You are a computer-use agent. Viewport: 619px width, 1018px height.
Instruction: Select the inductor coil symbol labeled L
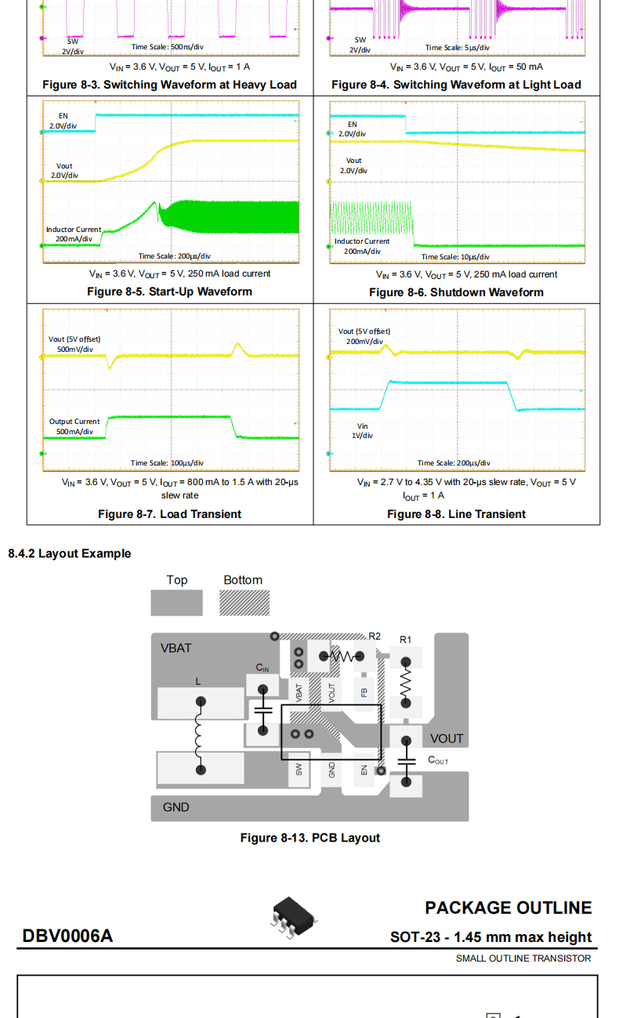[x=200, y=736]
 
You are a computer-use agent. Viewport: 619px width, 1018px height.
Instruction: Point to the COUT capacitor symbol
[x=406, y=760]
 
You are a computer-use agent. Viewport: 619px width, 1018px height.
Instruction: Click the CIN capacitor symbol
[x=262, y=708]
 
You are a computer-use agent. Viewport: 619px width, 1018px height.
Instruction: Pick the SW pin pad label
[x=299, y=770]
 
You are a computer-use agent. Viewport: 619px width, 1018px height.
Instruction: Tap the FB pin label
[x=364, y=692]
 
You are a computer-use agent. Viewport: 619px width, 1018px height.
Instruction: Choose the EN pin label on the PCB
[x=364, y=770]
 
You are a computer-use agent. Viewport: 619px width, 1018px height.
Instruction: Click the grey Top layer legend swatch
[x=176, y=602]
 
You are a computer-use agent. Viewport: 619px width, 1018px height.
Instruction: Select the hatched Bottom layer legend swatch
[x=244, y=602]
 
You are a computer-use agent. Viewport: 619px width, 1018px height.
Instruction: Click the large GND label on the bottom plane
[x=176, y=807]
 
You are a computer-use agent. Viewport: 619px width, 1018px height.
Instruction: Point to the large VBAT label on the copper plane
[x=176, y=648]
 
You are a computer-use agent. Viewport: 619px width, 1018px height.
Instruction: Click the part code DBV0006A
[x=67, y=936]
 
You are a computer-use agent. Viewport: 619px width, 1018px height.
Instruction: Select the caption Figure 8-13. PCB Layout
[x=309, y=838]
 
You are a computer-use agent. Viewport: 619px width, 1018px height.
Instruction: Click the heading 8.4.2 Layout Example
[x=70, y=553]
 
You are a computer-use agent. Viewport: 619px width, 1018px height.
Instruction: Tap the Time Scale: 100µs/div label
[x=167, y=463]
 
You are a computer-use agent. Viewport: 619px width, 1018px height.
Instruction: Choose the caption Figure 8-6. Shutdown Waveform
[x=456, y=292]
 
